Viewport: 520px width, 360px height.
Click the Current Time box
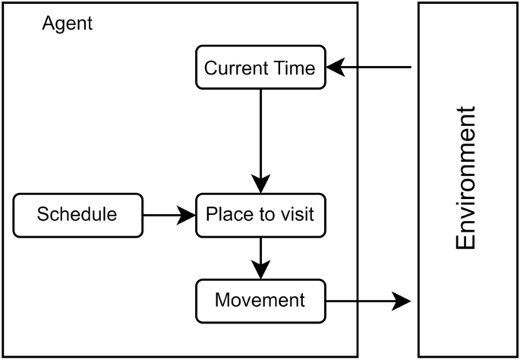click(x=260, y=68)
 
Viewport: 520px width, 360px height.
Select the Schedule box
click(x=77, y=215)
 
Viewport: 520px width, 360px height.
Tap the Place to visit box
click(x=260, y=215)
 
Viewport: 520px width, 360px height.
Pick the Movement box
click(x=260, y=300)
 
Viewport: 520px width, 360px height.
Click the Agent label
click(x=68, y=24)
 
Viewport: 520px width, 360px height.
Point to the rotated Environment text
click(x=465, y=178)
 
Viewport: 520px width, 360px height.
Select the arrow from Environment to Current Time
click(x=372, y=68)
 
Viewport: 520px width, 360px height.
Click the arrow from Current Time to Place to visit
click(x=260, y=137)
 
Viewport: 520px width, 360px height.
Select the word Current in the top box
click(x=238, y=68)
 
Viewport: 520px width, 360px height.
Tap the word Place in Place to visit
click(x=228, y=215)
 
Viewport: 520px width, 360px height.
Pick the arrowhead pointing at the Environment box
click(x=402, y=301)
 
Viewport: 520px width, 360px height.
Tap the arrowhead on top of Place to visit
click(x=260, y=185)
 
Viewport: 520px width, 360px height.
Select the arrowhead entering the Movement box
click(x=260, y=270)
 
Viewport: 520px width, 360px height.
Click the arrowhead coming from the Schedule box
click(x=187, y=215)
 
